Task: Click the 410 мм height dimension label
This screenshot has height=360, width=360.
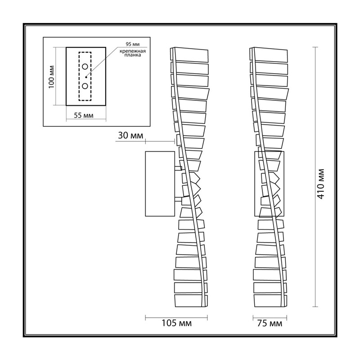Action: [321, 184]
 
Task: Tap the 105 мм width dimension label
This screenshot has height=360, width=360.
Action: [176, 323]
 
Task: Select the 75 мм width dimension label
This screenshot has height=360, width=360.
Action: [270, 324]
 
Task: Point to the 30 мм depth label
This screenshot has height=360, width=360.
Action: [130, 135]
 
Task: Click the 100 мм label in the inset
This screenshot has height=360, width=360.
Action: [51, 77]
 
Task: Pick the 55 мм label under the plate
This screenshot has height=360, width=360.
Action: [84, 115]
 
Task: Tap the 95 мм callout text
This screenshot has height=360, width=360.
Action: [132, 44]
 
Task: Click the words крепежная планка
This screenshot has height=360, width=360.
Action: [133, 53]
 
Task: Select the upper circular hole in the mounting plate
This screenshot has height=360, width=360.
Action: [85, 67]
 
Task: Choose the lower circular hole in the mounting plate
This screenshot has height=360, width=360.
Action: [85, 86]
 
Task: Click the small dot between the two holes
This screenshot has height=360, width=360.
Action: [86, 77]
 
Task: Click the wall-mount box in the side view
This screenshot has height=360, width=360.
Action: [160, 184]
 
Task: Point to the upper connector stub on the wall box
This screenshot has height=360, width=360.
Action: [178, 168]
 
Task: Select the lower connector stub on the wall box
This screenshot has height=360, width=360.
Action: [178, 199]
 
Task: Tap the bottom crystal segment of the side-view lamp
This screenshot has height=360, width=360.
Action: [191, 301]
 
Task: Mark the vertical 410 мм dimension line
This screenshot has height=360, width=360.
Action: [315, 177]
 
